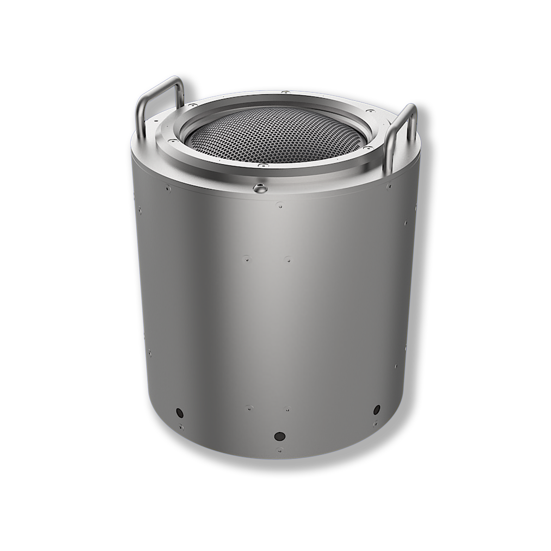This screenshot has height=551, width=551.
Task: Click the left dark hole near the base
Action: pos(179,411)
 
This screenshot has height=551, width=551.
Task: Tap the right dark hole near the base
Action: pos(377,409)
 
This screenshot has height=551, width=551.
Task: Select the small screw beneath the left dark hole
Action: pos(181,426)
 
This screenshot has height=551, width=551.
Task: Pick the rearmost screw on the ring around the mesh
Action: pos(286,93)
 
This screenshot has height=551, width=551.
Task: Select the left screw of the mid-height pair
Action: pos(246,255)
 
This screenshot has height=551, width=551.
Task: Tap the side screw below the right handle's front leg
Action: pos(390,186)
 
